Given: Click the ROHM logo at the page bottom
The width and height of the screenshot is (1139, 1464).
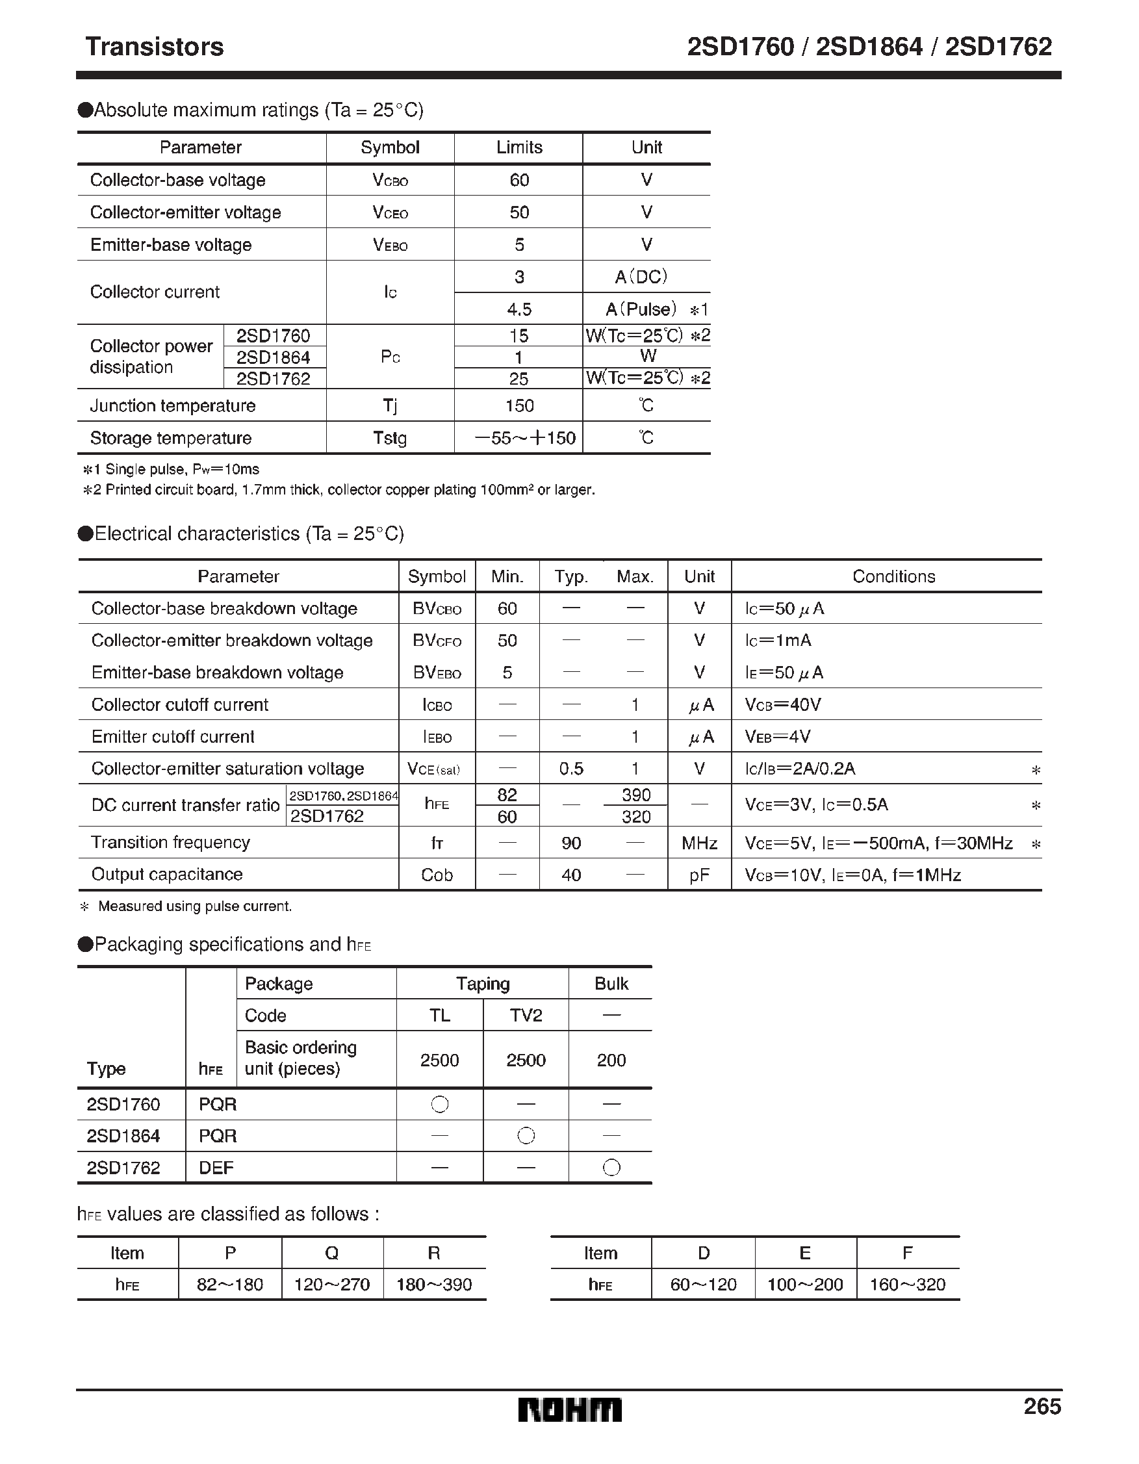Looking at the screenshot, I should point(569,1409).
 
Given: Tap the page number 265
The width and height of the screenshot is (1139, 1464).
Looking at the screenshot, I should point(1042,1406).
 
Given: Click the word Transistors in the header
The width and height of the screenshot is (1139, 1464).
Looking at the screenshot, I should point(154,47).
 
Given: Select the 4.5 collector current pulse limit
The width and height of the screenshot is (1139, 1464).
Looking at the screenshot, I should point(519,309).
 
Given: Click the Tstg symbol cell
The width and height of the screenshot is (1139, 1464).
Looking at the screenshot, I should point(389,438).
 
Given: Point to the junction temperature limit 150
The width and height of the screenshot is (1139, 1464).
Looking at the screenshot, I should point(519,405).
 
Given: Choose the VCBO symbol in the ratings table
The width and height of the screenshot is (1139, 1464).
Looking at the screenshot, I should point(389,180).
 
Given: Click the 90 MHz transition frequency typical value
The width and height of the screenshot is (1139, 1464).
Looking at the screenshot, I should point(570,843).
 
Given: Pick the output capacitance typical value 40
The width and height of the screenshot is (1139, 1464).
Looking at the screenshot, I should point(570,875).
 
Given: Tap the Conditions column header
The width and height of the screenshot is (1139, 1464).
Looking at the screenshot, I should point(893,576).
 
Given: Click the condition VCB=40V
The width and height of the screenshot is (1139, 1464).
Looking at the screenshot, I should point(783,704).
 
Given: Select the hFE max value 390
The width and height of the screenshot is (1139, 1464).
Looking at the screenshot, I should point(635,795).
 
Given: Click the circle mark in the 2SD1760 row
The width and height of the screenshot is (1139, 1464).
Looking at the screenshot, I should point(440,1104).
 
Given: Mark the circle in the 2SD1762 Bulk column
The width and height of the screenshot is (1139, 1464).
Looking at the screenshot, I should point(611,1168).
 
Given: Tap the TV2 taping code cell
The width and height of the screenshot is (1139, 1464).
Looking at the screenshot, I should point(526,1016).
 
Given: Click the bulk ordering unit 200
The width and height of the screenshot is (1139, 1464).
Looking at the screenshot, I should point(611,1060).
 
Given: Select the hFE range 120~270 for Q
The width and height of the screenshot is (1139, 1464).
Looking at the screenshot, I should point(332,1285).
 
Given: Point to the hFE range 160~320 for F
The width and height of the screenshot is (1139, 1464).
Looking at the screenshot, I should point(907,1285).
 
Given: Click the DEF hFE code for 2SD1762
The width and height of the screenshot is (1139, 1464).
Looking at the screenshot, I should point(216,1168).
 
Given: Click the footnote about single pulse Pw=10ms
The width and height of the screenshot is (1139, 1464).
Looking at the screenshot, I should point(171,469).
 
